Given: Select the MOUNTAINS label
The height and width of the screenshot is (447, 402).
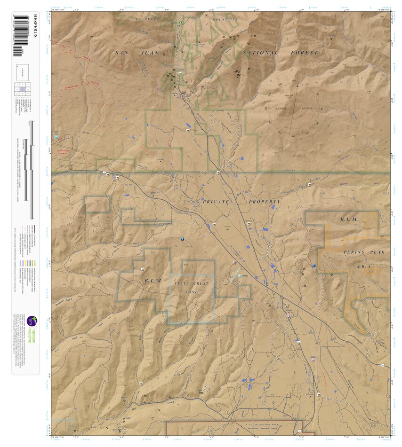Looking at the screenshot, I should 225,19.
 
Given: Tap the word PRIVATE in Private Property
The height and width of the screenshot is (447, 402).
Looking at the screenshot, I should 216,202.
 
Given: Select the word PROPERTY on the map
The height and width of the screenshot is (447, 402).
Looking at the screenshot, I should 265,202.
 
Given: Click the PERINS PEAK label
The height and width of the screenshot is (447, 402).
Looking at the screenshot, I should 364,252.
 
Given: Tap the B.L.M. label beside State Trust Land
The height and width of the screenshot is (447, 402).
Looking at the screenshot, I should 153,281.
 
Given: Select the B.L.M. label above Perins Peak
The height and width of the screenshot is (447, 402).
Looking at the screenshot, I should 349,220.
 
